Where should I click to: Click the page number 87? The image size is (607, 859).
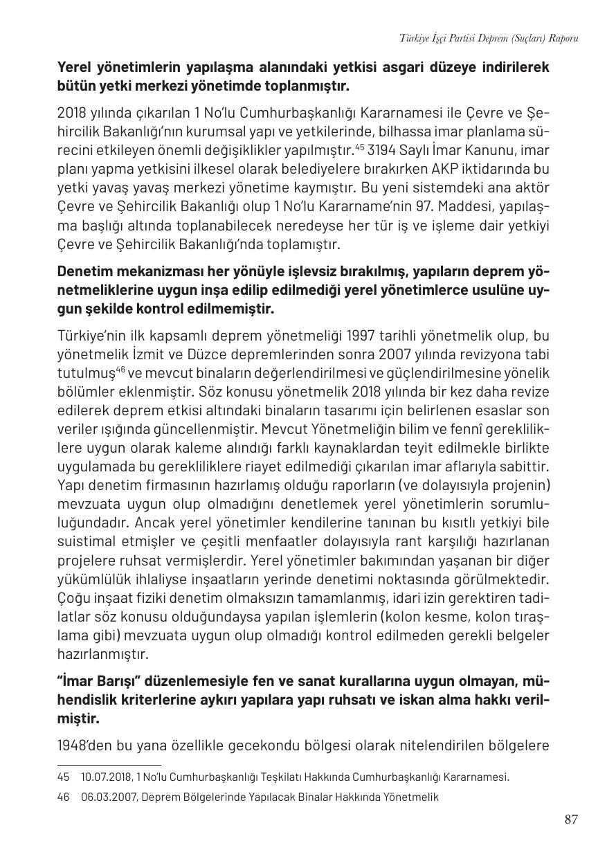pos(570,820)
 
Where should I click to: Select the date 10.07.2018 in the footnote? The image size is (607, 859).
pos(105,777)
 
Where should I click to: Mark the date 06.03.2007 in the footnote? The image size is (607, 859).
pos(106,797)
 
